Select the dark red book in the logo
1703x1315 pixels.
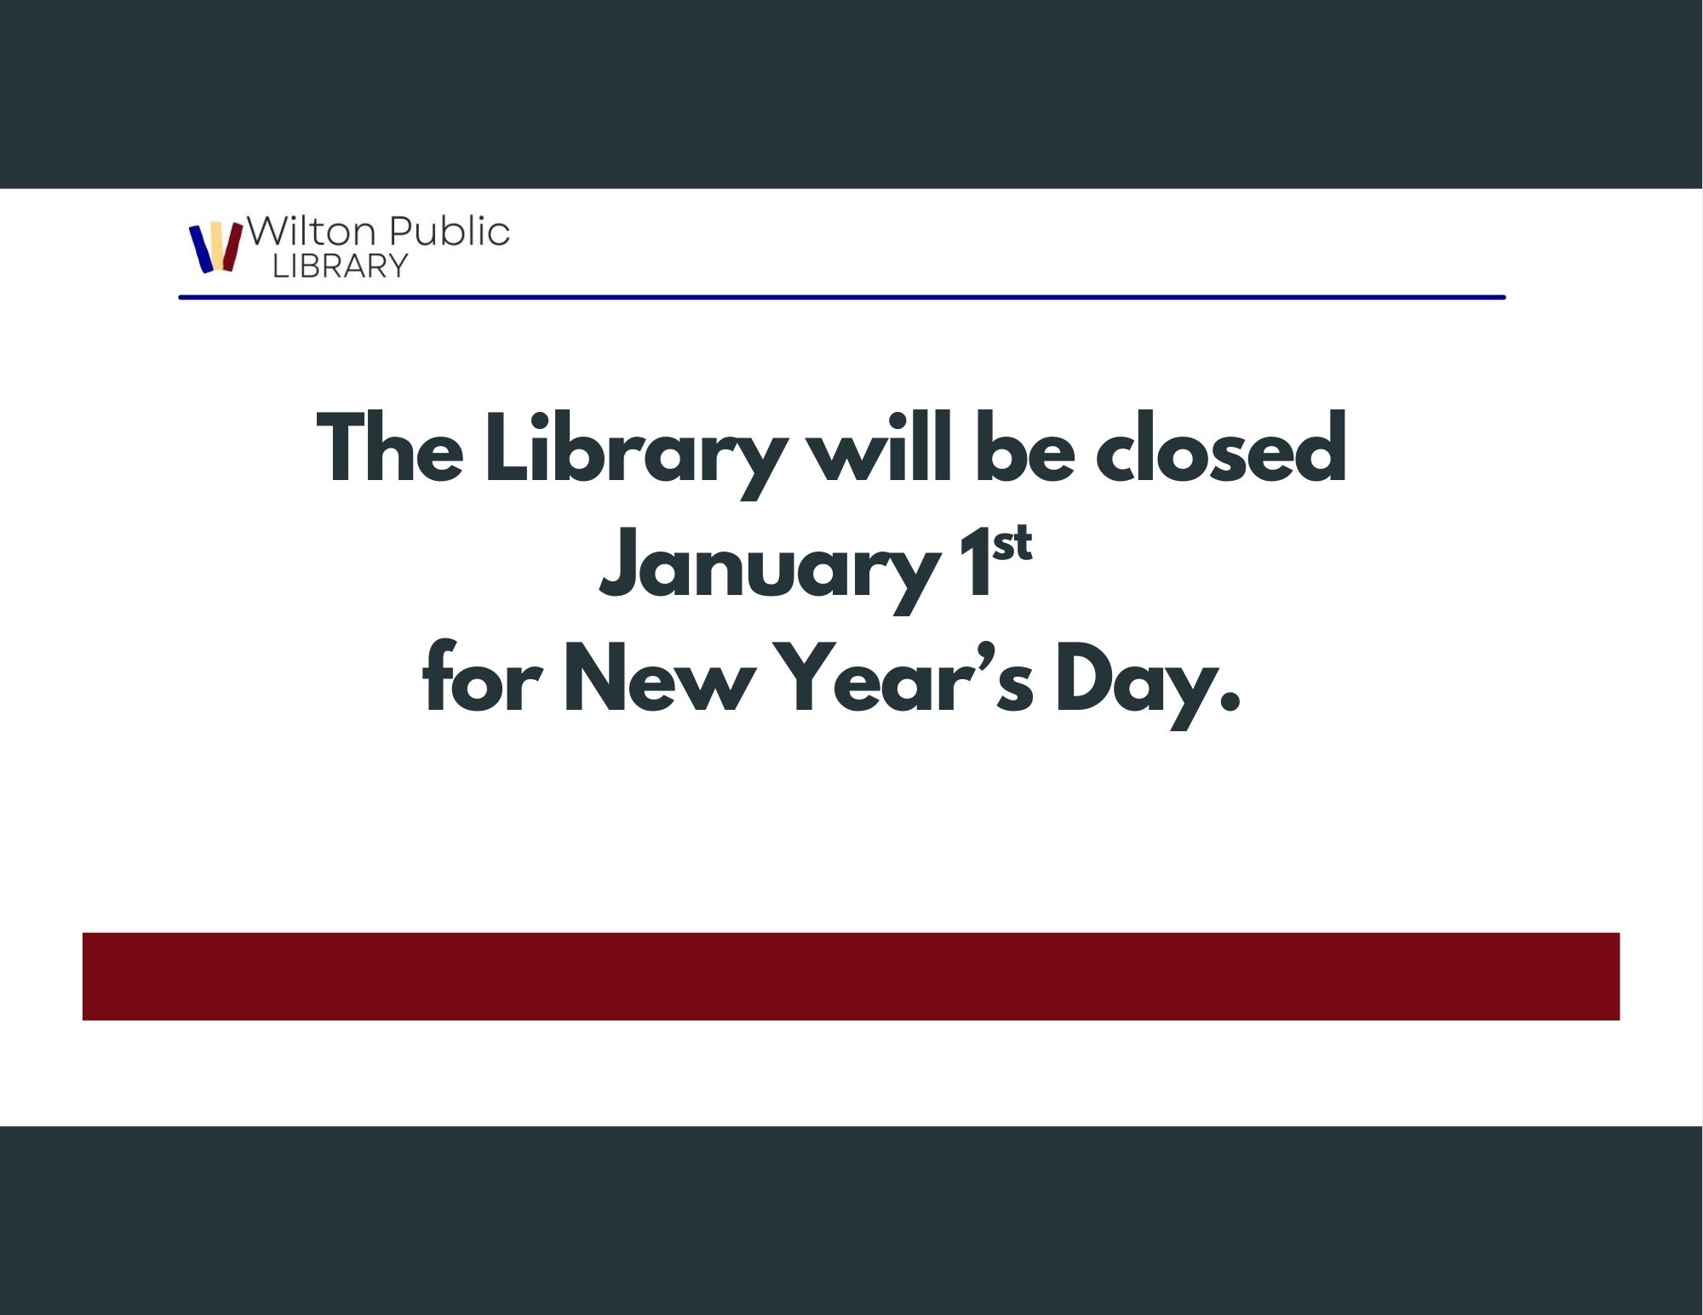point(232,248)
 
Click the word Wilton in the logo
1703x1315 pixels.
point(311,232)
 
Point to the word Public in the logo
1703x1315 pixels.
point(449,232)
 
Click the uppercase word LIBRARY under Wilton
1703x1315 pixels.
point(341,266)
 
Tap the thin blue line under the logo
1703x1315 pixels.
point(842,297)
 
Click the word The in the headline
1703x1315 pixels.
point(390,449)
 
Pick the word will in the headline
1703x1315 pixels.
point(879,448)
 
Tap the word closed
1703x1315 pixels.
point(1221,448)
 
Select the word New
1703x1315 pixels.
point(659,678)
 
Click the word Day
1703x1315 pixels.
point(1148,685)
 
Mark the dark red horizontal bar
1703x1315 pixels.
point(851,976)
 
